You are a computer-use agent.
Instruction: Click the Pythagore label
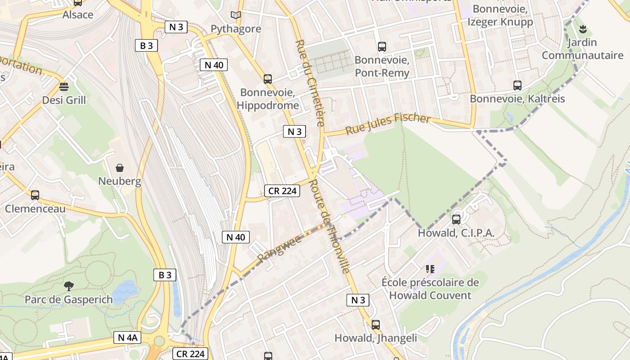[236, 29]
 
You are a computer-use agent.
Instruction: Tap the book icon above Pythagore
[236, 15]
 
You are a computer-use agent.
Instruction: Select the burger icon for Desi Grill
[64, 86]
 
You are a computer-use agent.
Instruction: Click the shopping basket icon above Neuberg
[120, 168]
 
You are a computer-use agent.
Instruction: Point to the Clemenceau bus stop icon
[35, 195]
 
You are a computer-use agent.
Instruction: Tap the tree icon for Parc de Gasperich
[68, 286]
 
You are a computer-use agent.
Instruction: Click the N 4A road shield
[127, 337]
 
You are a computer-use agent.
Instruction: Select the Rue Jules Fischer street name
[388, 124]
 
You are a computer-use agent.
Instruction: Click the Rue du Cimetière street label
[310, 83]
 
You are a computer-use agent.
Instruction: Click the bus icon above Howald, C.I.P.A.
[456, 220]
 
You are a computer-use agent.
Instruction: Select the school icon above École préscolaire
[430, 269]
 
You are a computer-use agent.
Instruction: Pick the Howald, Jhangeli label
[375, 338]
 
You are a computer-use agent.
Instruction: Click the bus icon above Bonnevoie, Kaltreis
[517, 85]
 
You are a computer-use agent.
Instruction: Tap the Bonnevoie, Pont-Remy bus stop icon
[382, 46]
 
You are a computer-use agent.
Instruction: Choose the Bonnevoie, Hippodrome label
[269, 99]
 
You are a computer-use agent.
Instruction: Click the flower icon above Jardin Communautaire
[583, 30]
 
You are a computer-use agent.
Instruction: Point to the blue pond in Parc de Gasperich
[124, 292]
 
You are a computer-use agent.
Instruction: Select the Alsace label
[78, 14]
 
